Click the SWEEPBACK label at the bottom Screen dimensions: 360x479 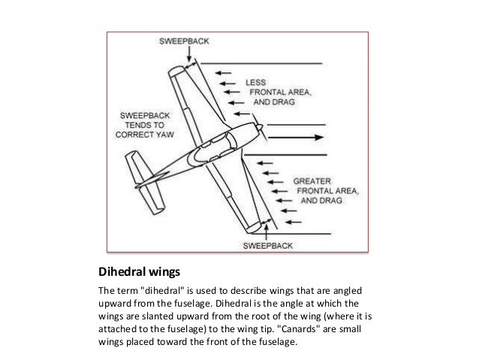pyautogui.click(x=270, y=245)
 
